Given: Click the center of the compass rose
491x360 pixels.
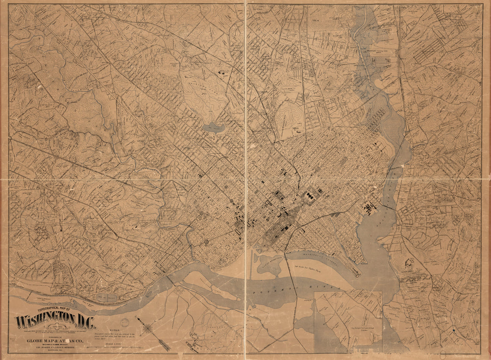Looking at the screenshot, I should click(x=147, y=330).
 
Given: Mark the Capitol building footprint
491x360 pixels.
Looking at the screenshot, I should click(x=309, y=196).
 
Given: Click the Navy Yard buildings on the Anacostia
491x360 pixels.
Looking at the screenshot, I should click(x=370, y=208).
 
